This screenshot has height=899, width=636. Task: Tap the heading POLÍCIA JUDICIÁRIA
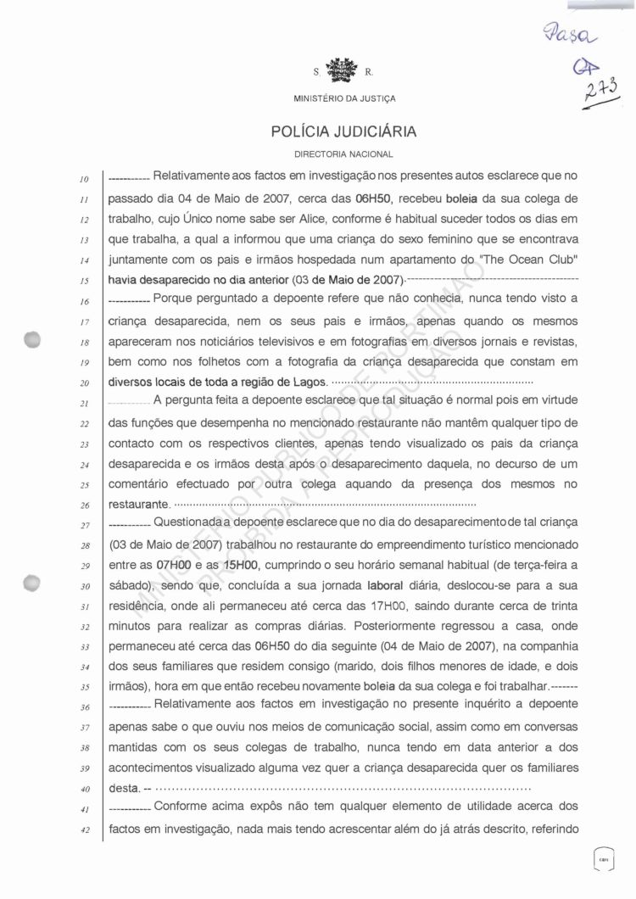343,133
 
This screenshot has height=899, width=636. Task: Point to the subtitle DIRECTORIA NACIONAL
343,155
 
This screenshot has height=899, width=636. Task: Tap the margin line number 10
83,179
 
